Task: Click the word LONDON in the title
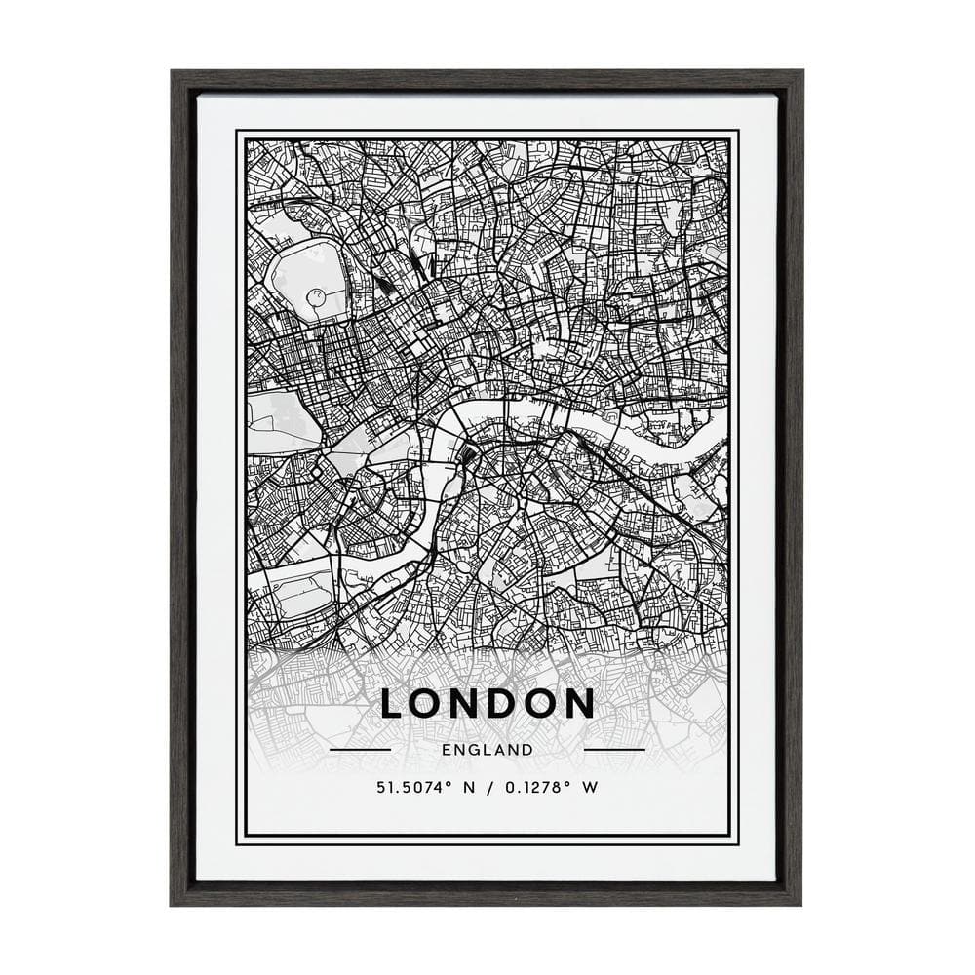(x=487, y=703)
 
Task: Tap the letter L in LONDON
(x=393, y=703)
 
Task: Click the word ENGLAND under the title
(x=487, y=750)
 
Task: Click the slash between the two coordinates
(x=486, y=786)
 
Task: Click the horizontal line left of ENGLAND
(x=360, y=750)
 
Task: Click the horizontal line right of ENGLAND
(x=614, y=750)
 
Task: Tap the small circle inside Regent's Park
(x=315, y=295)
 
